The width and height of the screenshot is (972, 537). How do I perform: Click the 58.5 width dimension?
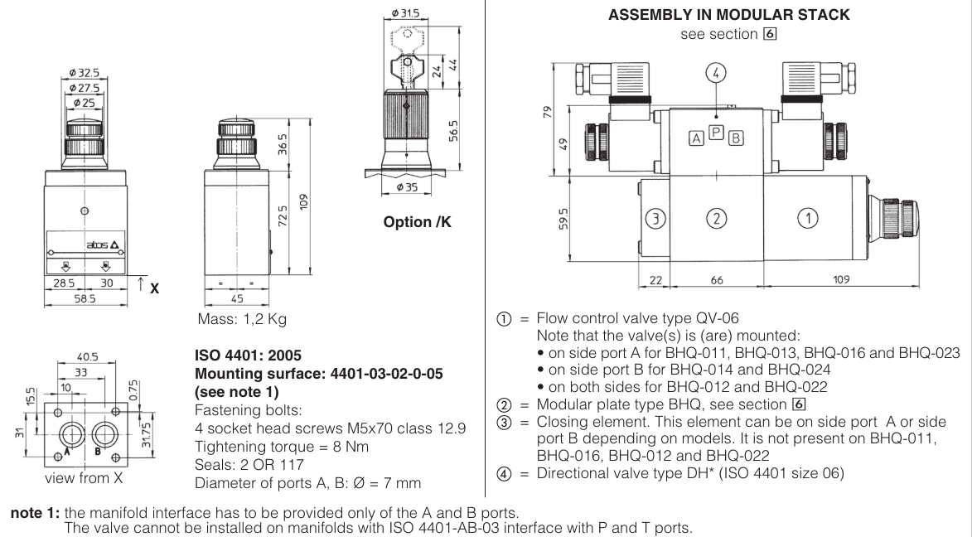[85, 296]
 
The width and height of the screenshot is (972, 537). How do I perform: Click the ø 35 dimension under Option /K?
[407, 187]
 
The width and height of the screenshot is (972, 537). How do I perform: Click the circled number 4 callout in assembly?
[717, 72]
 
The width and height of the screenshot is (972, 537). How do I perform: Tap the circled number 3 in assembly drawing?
[655, 219]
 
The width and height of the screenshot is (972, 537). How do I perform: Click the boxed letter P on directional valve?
[718, 131]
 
